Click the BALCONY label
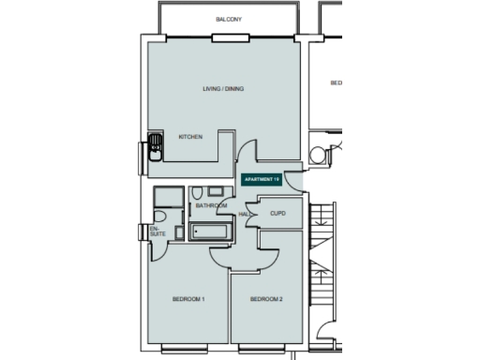click(x=229, y=17)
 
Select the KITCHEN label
click(x=190, y=137)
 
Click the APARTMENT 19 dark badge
click(x=262, y=178)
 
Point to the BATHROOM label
click(x=212, y=205)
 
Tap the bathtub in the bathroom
click(x=208, y=232)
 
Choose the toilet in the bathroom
click(x=198, y=194)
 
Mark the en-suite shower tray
click(x=170, y=197)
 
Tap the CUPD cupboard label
click(x=277, y=214)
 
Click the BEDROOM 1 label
click(x=188, y=299)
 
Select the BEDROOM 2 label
click(x=266, y=299)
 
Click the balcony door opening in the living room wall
click(x=229, y=38)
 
